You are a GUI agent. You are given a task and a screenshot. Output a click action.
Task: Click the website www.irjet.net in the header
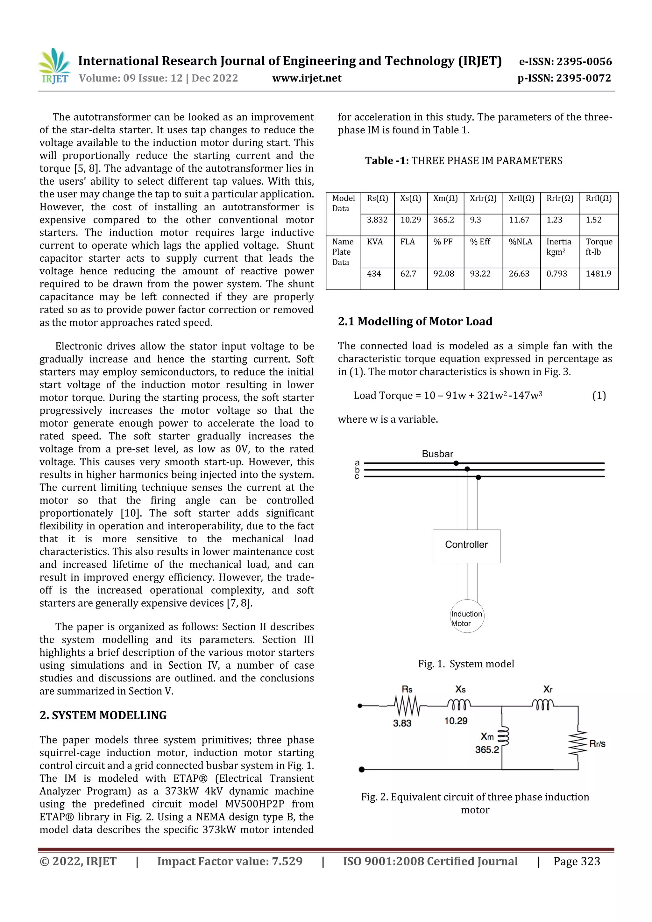pyautogui.click(x=307, y=78)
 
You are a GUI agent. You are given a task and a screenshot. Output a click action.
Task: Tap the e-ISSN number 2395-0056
pyautogui.click(x=565, y=61)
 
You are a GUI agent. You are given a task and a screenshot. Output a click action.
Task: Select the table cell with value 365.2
pyautogui.click(x=443, y=220)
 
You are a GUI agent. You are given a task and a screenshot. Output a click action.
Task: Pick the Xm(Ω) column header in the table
pyautogui.click(x=445, y=198)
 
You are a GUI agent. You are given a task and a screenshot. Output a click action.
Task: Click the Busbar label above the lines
pyautogui.click(x=437, y=454)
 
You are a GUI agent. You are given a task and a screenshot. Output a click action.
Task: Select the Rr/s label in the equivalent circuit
pyautogui.click(x=597, y=744)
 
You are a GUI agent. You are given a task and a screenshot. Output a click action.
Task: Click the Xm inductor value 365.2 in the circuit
pyautogui.click(x=486, y=750)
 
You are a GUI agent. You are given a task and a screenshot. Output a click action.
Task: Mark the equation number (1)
pyautogui.click(x=599, y=396)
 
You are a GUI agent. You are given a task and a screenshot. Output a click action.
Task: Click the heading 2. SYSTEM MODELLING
pyautogui.click(x=103, y=715)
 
